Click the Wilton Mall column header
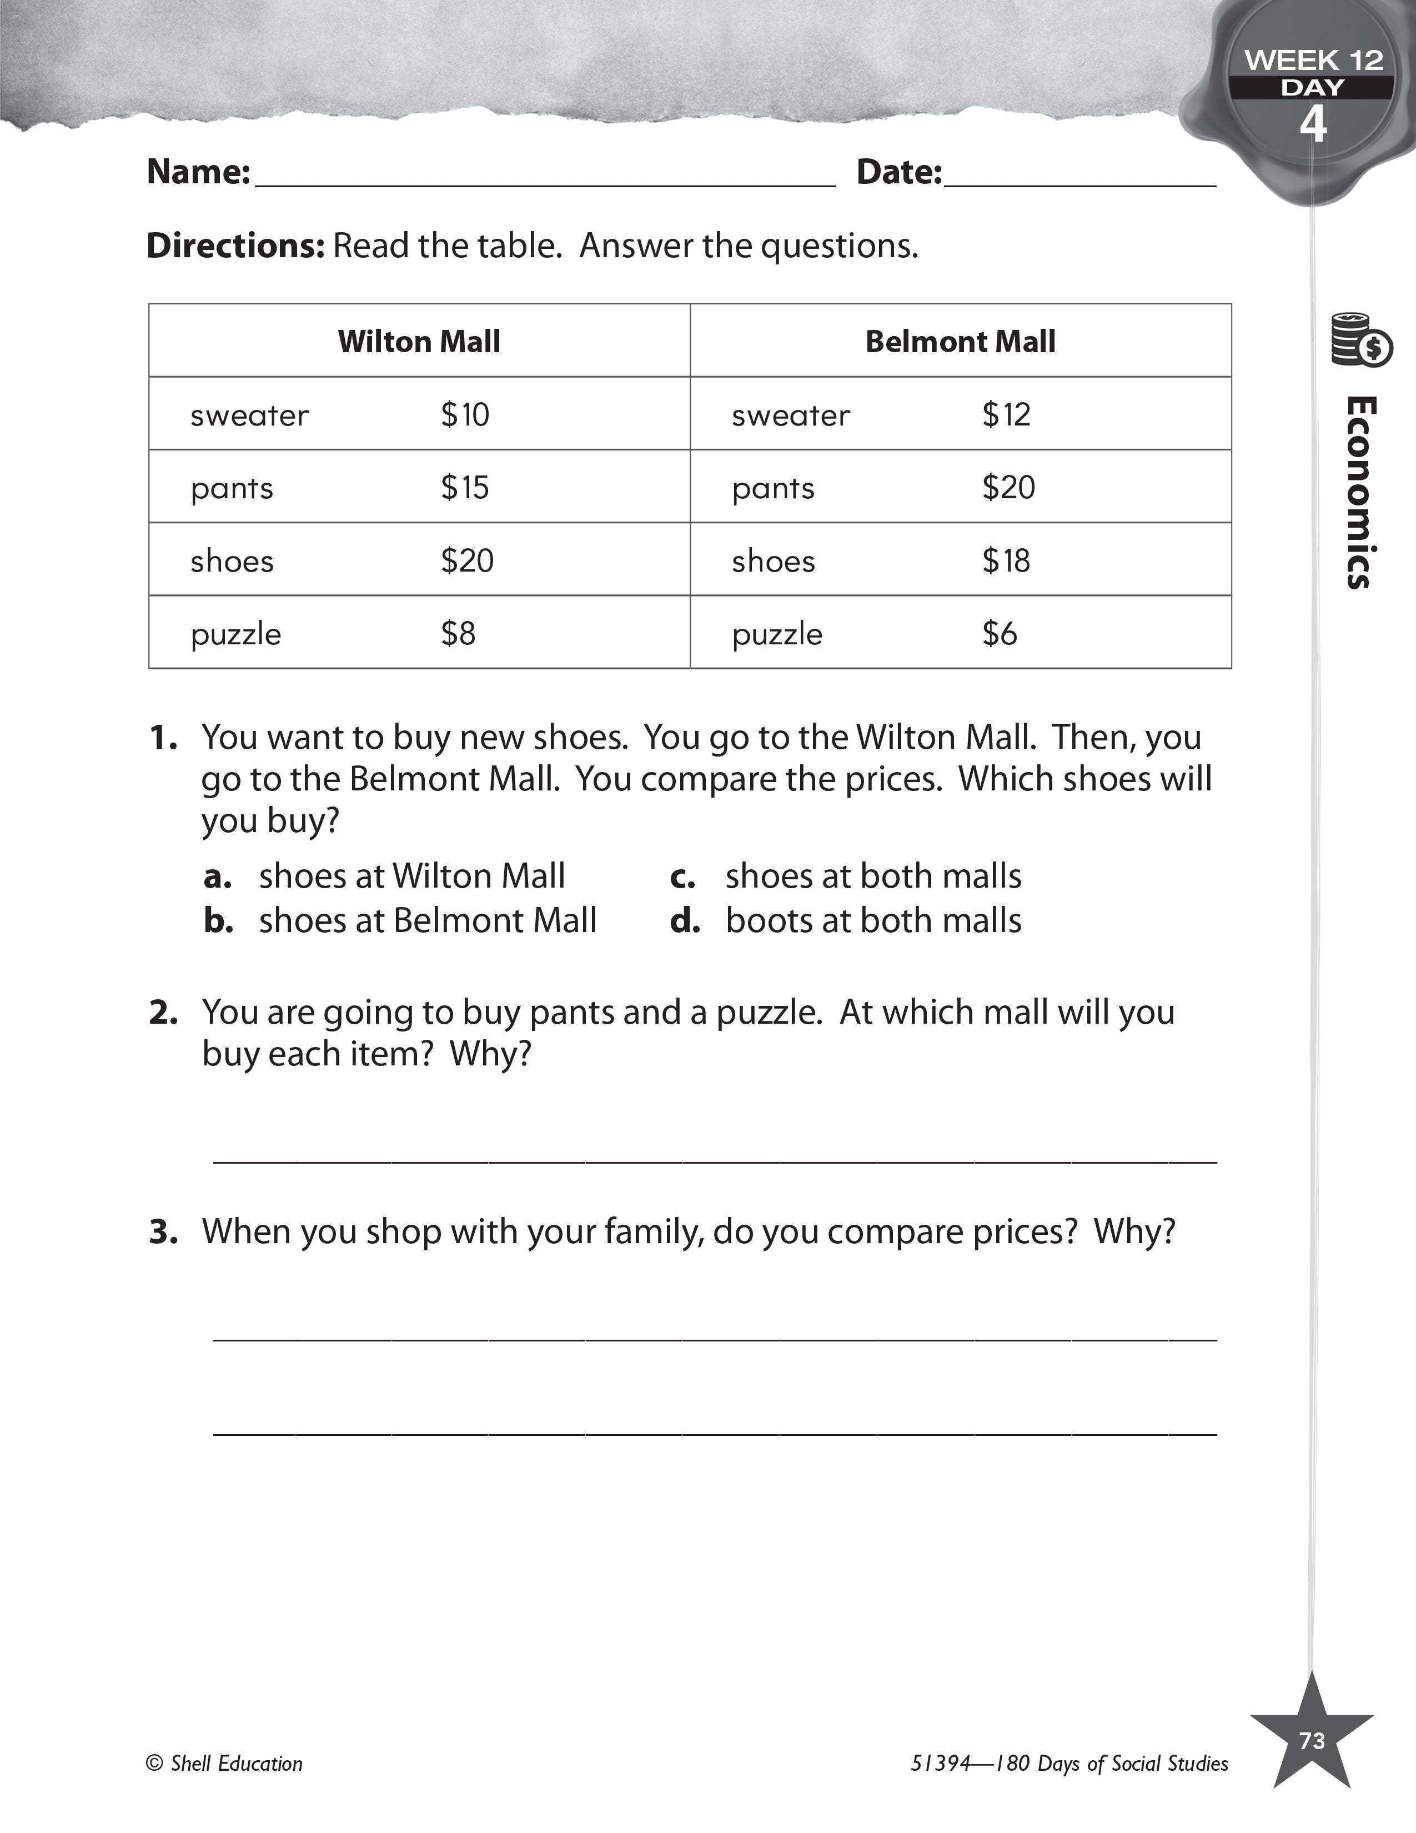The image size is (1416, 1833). pos(419,342)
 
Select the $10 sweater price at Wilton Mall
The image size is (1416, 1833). pos(465,414)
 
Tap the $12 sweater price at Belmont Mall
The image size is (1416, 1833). pos(1006,414)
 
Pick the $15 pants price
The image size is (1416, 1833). pos(465,488)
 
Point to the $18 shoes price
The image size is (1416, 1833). pos(1006,560)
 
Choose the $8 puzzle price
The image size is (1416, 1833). pos(458,634)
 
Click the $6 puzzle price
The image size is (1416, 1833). pos(999,634)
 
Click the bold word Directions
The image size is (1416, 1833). pos(235,246)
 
